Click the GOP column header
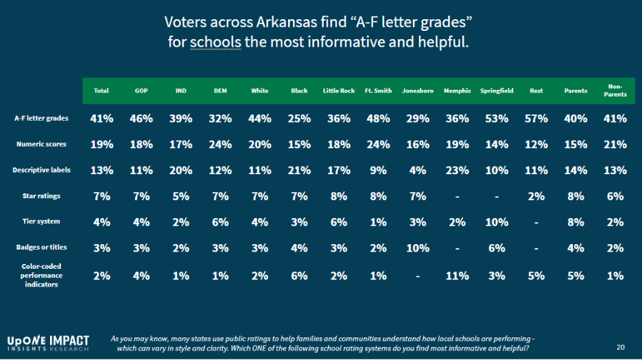[x=141, y=91]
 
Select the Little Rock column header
[x=339, y=91]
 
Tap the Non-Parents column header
[x=615, y=91]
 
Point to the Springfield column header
[x=497, y=91]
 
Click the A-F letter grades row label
[x=42, y=119]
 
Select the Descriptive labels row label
[x=40, y=170]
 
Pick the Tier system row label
[x=42, y=221]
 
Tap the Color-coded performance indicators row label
[x=42, y=275]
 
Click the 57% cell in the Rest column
[x=536, y=119]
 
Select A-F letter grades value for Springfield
[x=497, y=119]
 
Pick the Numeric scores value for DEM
[x=220, y=145]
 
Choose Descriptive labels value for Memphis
[x=457, y=170]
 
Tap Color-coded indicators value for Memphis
[x=457, y=276]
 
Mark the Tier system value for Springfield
[x=497, y=221]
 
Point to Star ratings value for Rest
[x=536, y=196]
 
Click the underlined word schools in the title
[x=215, y=42]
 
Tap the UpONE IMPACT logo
[x=48, y=343]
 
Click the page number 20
[x=620, y=347]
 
